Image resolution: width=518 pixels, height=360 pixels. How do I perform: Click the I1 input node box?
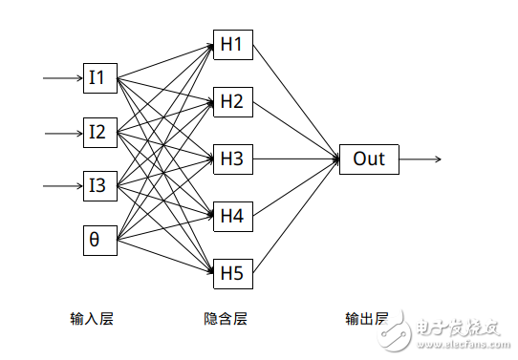[x=99, y=77]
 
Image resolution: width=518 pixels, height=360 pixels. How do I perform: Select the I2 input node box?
[x=99, y=132]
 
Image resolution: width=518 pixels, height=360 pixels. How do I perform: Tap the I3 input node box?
[x=99, y=185]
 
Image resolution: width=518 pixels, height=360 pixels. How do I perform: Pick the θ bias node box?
[x=99, y=240]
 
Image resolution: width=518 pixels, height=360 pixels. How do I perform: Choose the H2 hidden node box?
[x=232, y=100]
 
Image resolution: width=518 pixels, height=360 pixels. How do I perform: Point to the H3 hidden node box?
[x=232, y=159]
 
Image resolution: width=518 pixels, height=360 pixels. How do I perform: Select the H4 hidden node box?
[x=232, y=216]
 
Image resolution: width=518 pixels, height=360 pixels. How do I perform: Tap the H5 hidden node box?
[x=232, y=274]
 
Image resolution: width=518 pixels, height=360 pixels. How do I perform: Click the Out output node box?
[x=369, y=159]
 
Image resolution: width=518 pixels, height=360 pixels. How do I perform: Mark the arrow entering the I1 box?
[x=62, y=77]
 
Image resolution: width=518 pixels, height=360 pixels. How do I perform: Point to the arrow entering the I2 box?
[x=63, y=132]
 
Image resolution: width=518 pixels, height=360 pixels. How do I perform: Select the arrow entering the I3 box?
[x=63, y=185]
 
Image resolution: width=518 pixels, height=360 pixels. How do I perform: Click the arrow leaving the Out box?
[x=421, y=159]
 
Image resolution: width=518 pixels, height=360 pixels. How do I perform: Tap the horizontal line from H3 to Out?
[x=295, y=159]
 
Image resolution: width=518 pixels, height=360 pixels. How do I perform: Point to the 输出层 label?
[x=367, y=318]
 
